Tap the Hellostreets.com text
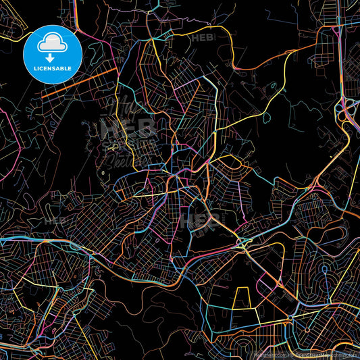point(270,355)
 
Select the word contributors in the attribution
point(345,355)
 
